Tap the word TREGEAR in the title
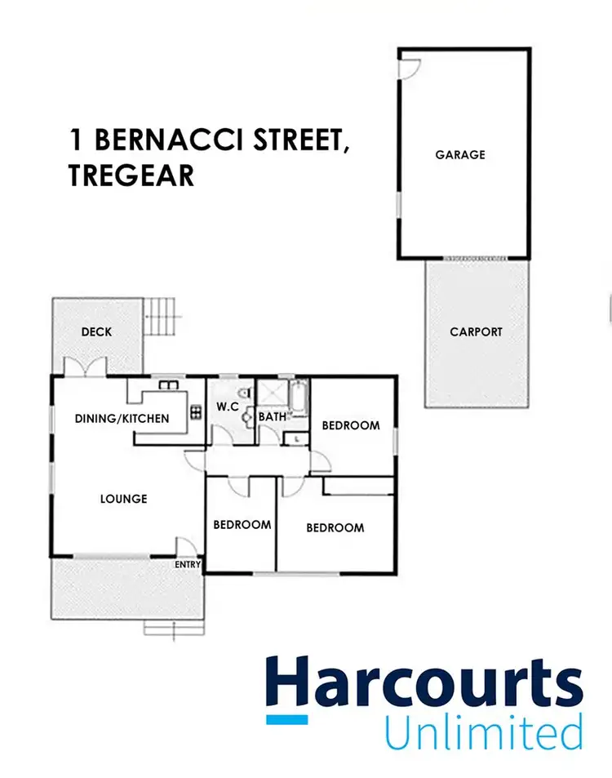pos(131,176)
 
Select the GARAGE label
pos(460,154)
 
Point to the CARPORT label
pos(476,331)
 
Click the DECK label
pos(96,331)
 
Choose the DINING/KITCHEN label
pos(122,419)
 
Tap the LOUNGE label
pos(123,498)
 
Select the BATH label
pos(272,417)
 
